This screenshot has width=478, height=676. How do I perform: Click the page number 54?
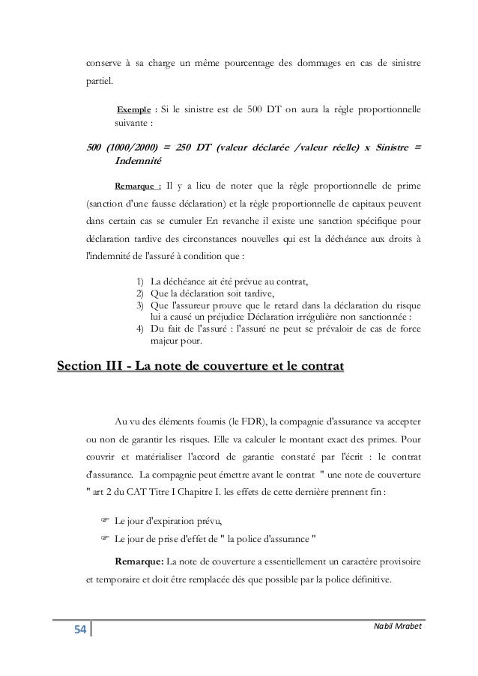click(79, 630)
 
